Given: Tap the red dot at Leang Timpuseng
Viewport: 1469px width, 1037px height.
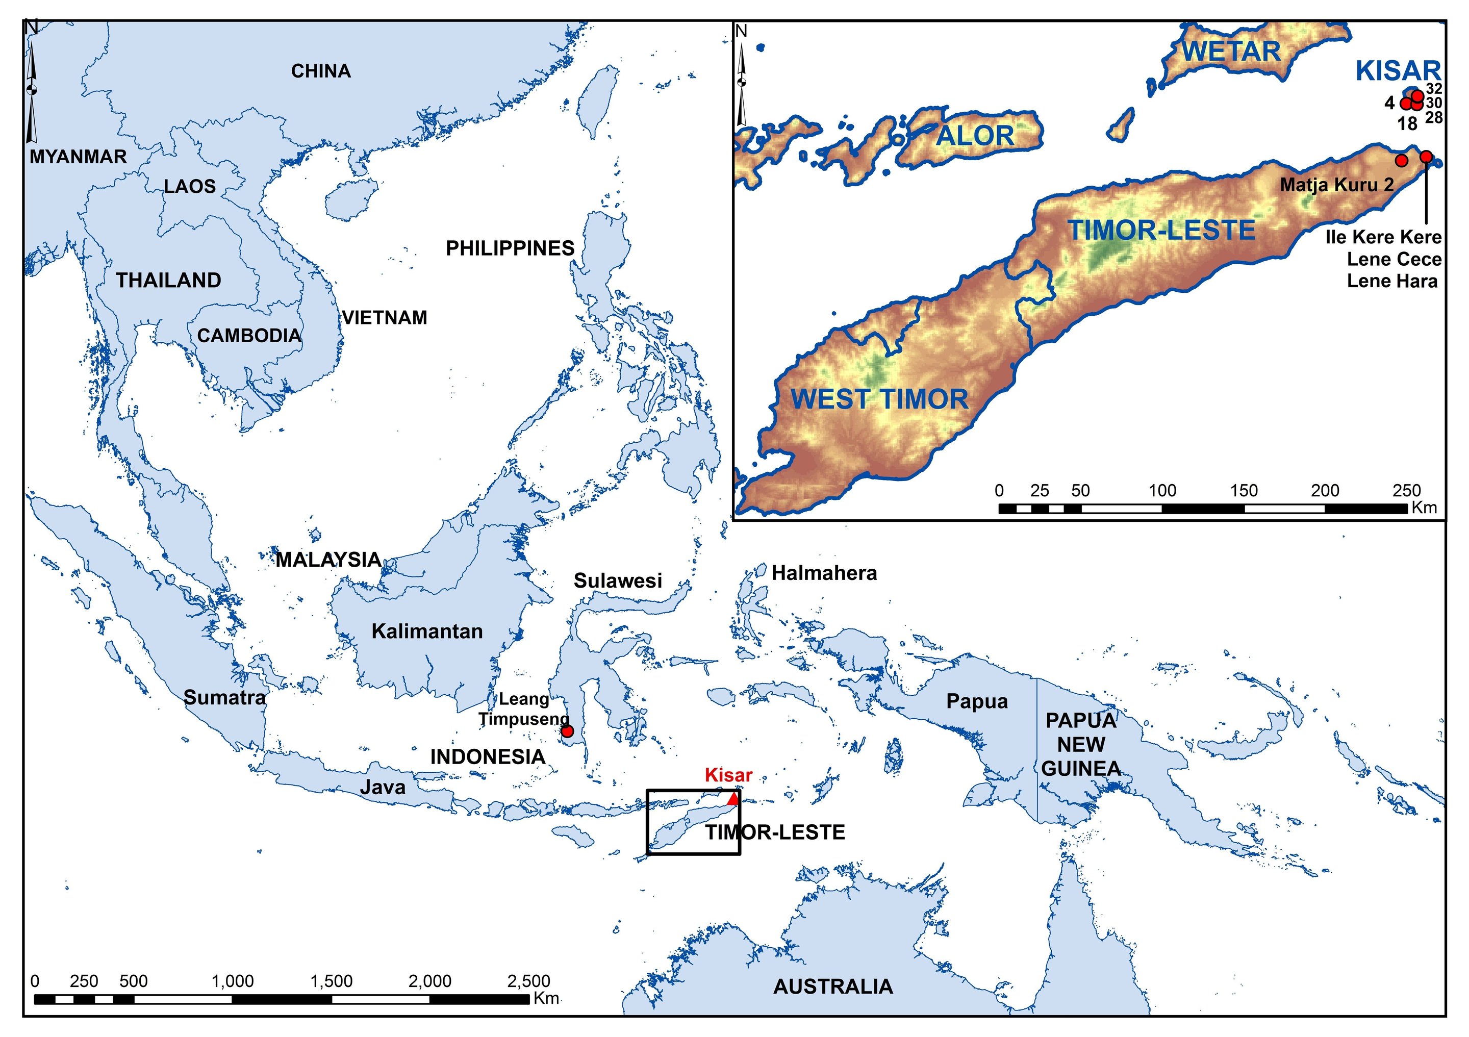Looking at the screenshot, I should (566, 731).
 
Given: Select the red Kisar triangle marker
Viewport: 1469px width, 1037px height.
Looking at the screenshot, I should (733, 799).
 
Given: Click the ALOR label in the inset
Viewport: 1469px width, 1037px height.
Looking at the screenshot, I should (975, 136).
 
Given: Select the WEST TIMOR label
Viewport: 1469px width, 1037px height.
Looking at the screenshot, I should (880, 399).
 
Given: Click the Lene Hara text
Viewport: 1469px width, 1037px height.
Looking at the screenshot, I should (1392, 282).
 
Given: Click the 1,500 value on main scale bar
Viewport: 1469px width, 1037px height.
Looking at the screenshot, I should (332, 981).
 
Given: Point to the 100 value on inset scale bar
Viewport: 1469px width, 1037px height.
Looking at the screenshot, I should (1162, 491).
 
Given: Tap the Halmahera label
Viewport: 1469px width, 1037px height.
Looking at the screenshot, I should (824, 573).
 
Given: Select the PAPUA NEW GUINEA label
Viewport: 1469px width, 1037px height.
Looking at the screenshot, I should (1081, 745).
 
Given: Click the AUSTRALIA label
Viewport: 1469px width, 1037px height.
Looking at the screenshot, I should (832, 987).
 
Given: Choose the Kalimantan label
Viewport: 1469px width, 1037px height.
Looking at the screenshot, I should (427, 631).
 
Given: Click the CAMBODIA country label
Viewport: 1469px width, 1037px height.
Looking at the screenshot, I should (249, 336).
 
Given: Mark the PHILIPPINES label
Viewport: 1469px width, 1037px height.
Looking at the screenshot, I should (510, 248).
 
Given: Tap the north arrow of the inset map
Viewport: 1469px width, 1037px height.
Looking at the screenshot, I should (742, 77).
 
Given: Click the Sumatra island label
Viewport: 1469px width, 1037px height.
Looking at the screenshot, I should (224, 697).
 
